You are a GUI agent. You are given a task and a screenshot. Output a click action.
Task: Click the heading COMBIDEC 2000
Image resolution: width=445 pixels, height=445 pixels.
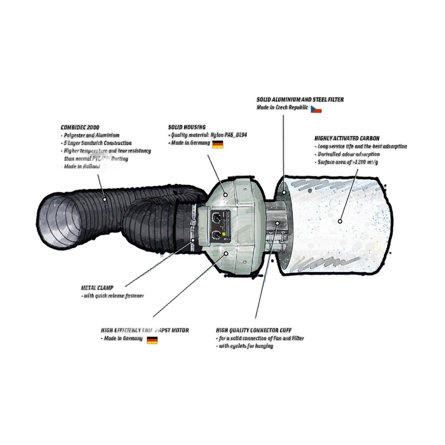click(x=80, y=127)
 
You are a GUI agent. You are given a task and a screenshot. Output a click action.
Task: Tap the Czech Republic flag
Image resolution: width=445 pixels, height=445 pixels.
click(x=316, y=109)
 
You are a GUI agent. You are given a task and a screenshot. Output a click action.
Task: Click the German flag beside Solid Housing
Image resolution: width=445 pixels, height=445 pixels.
click(x=217, y=144)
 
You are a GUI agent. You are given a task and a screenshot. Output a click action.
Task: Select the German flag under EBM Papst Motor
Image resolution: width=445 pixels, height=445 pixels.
click(x=152, y=339)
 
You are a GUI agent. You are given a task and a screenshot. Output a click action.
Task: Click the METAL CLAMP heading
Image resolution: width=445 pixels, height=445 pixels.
click(x=97, y=288)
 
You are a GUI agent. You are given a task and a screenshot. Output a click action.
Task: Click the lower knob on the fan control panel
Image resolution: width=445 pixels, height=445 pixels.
click(x=215, y=235)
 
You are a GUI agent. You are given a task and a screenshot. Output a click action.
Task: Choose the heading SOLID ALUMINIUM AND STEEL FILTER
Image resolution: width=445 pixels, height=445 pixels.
click(x=300, y=100)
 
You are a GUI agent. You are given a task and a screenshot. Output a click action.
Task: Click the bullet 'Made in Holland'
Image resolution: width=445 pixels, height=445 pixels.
click(x=82, y=167)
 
